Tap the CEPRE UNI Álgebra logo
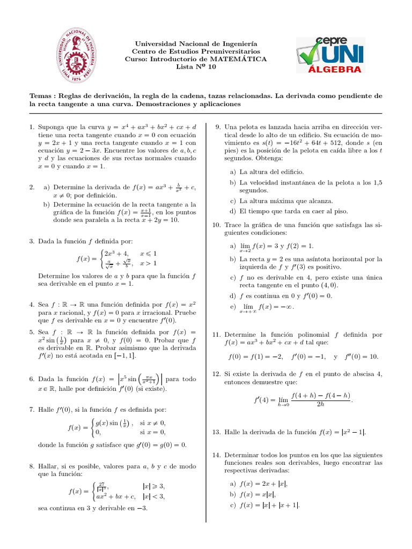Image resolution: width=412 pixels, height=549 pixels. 330,55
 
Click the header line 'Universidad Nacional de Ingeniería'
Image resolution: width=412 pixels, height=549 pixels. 196,43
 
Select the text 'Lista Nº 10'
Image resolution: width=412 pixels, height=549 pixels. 196,67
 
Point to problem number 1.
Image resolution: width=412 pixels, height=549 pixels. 32,127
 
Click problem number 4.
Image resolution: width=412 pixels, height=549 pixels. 32,304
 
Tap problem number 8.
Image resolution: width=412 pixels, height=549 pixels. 32,466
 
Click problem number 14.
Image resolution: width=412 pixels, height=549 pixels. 216,455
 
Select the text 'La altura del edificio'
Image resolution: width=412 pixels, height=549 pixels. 272,172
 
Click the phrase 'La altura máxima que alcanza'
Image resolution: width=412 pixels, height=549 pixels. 286,201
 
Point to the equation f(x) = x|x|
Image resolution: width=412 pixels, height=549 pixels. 257,494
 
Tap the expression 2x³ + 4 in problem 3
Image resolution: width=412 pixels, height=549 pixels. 116,253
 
